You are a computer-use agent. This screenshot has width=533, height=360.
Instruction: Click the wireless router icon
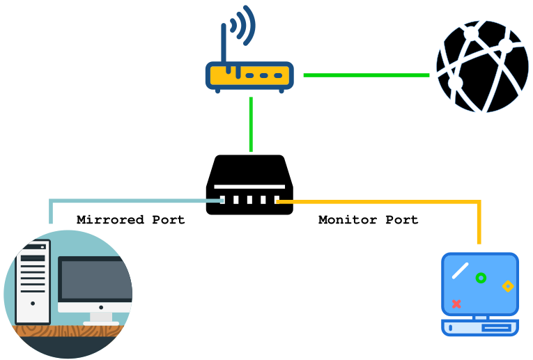click(x=249, y=75)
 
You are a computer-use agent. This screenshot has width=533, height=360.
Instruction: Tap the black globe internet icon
click(x=482, y=66)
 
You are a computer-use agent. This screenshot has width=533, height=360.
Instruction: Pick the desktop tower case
click(x=33, y=281)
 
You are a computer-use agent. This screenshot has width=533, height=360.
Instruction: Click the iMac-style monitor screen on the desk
click(x=93, y=279)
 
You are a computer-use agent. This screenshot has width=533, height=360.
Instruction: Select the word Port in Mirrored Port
click(x=169, y=220)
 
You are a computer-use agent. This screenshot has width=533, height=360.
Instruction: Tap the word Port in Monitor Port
click(x=402, y=220)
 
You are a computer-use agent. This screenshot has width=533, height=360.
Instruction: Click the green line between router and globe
click(x=366, y=75)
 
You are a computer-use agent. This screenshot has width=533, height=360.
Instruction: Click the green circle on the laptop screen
click(x=480, y=278)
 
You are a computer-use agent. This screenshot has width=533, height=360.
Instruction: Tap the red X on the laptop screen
click(x=456, y=304)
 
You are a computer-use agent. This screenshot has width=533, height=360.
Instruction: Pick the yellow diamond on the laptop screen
click(x=508, y=286)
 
